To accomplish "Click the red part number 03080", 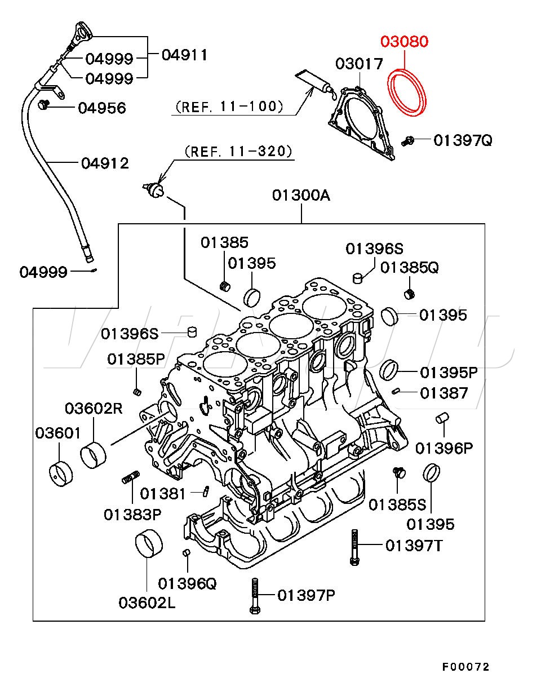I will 404,42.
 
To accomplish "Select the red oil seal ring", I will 407,92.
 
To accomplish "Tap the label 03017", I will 359,64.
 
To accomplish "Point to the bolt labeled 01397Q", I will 410,141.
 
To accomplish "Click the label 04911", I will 184,55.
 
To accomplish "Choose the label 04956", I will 101,108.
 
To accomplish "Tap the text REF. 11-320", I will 238,152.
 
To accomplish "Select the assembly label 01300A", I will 301,196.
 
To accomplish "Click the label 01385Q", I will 409,268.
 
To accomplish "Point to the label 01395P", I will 449,373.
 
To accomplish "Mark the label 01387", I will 444,393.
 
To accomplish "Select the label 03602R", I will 93,408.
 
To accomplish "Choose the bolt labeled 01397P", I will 255,595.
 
